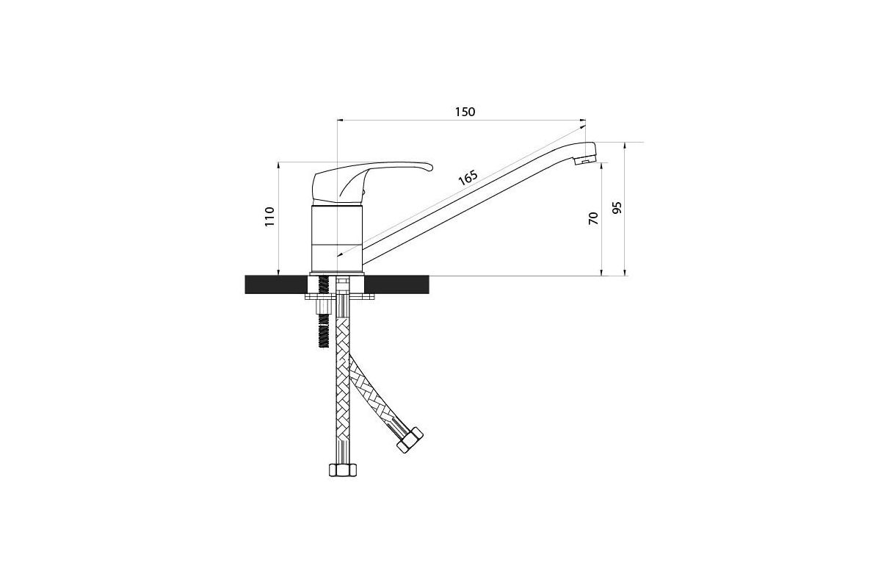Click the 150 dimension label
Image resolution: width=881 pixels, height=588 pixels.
tap(465, 112)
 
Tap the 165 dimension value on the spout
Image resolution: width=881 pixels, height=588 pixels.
tap(468, 178)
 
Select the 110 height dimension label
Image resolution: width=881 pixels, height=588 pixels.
tap(269, 216)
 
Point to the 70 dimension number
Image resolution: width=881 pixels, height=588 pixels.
tap(593, 218)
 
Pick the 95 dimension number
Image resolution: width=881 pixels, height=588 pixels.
tap(617, 207)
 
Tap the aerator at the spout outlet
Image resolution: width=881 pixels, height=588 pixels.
tap(585, 160)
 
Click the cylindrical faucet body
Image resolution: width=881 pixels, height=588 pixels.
tap(337, 239)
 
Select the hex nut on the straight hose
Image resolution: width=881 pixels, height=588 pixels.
tap(343, 470)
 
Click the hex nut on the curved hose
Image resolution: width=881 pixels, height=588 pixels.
tap(410, 440)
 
